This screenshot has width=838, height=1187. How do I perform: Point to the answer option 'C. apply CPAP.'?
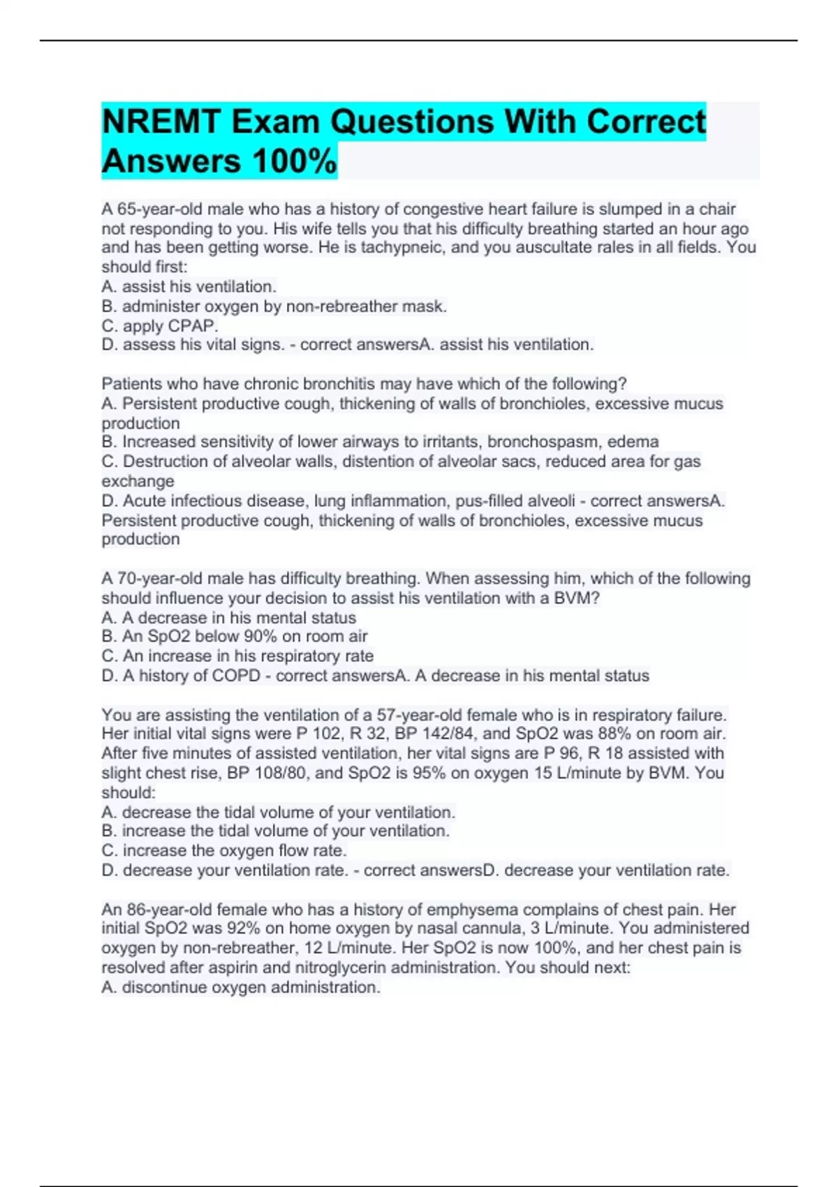tap(160, 325)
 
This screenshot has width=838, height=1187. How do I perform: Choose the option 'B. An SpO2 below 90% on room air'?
tap(234, 636)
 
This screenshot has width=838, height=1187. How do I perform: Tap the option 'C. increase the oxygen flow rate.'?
tap(224, 850)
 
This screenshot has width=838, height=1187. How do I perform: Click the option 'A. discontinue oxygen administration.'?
tap(241, 987)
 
